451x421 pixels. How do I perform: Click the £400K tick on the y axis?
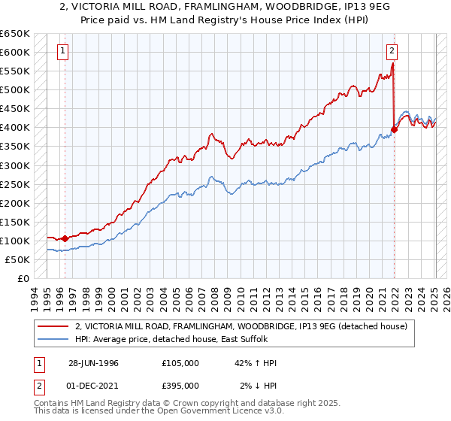(x=17, y=127)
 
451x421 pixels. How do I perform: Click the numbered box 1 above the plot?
(x=62, y=51)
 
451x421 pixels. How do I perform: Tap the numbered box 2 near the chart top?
(x=392, y=51)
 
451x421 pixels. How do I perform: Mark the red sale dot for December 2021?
(x=394, y=129)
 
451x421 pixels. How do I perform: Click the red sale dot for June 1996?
(x=65, y=238)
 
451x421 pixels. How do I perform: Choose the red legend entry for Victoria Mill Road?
(x=241, y=326)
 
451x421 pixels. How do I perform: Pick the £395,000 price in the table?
(x=180, y=386)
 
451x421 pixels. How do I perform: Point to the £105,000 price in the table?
(x=180, y=363)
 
